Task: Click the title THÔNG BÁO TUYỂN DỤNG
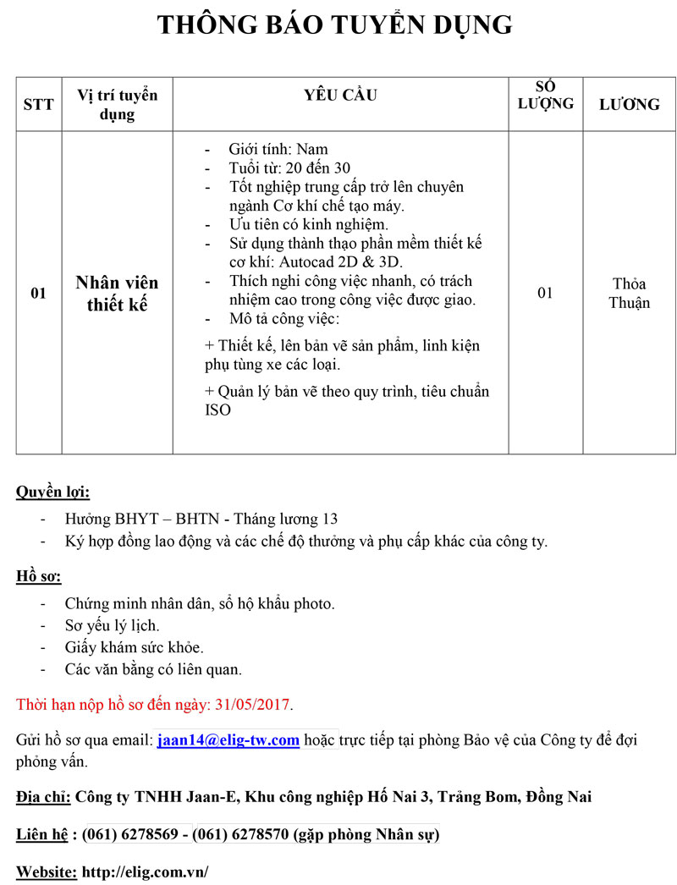coord(335,25)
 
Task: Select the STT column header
coord(38,104)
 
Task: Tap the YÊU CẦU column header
coord(340,96)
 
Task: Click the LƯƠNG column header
coord(629,104)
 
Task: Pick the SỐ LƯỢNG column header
coord(545,95)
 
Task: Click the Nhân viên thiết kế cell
coord(117,294)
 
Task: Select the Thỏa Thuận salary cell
coord(629,293)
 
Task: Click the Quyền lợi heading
coord(52,492)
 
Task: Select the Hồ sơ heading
coord(39,577)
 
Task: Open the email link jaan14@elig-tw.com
coord(228,740)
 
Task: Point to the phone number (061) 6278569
coord(135,835)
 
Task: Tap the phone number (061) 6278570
coord(240,835)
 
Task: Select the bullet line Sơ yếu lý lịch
coord(112,626)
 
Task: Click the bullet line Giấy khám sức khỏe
coord(134,647)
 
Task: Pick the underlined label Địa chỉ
coord(43,796)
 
